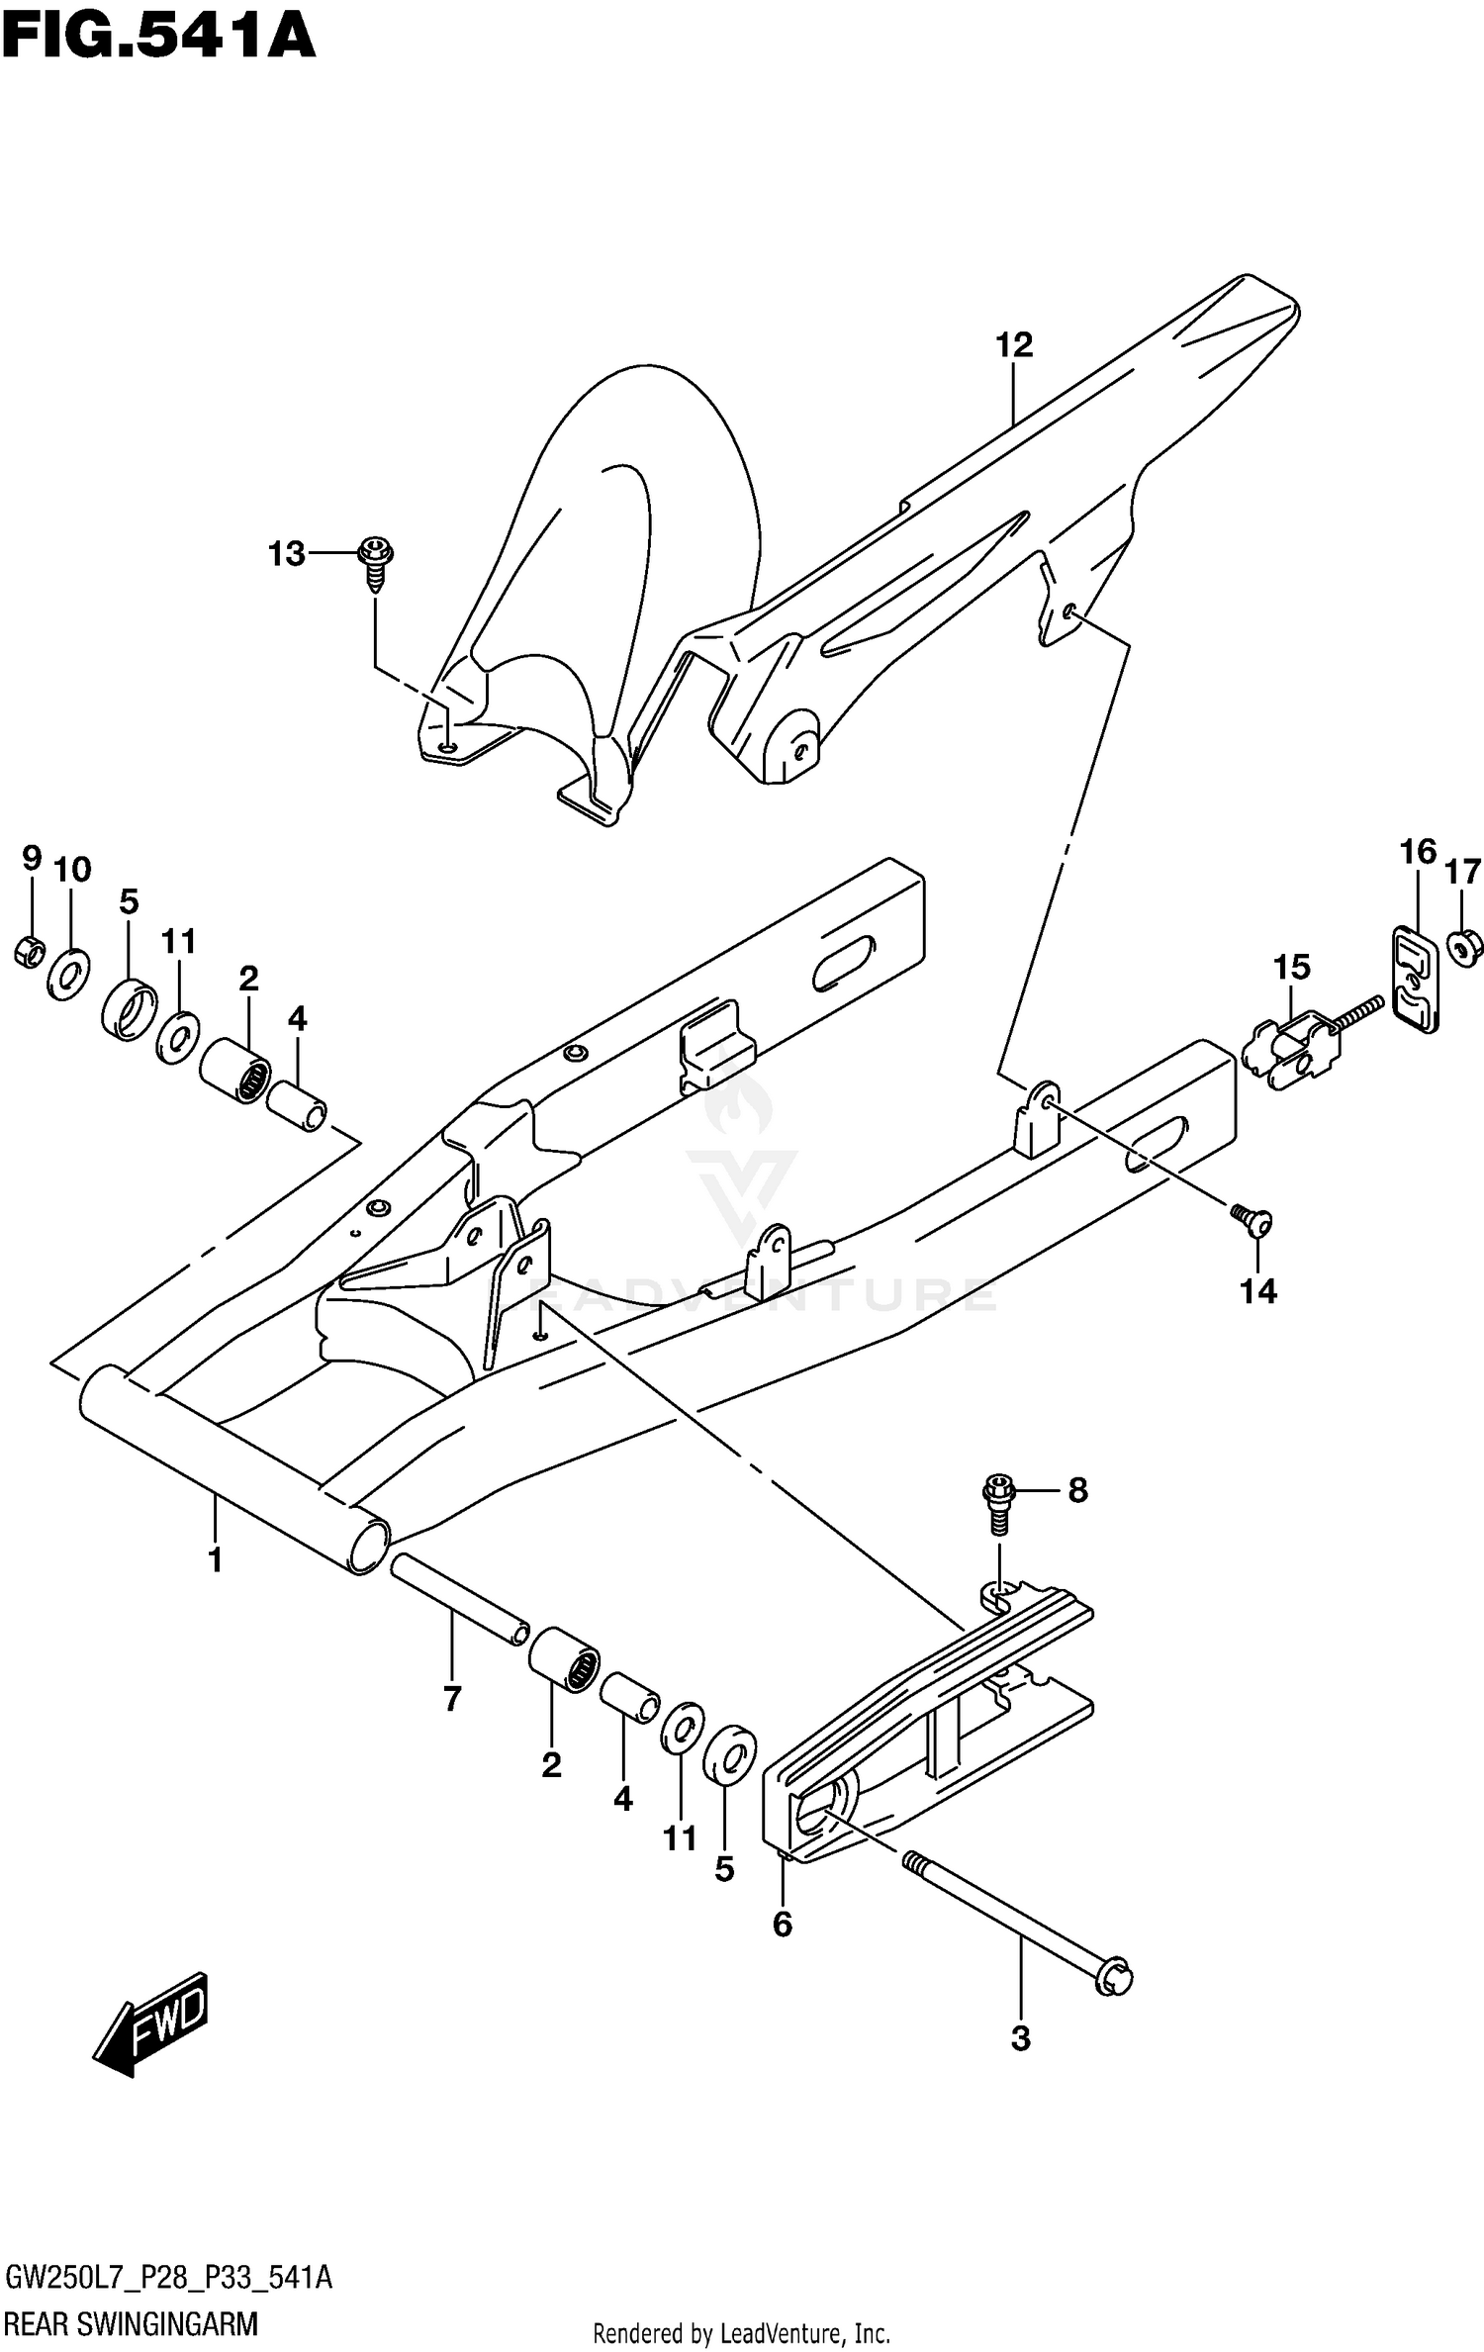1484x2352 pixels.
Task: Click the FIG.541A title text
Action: (x=158, y=37)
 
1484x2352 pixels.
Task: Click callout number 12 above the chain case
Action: (x=1014, y=345)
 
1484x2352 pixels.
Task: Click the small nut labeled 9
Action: (x=31, y=952)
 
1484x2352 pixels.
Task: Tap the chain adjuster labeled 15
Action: (x=1286, y=1055)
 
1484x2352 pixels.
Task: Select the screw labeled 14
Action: (x=1252, y=1222)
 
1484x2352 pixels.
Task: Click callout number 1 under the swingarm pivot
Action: (x=215, y=1561)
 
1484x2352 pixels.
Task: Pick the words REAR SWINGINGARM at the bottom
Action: (x=131, y=2322)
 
